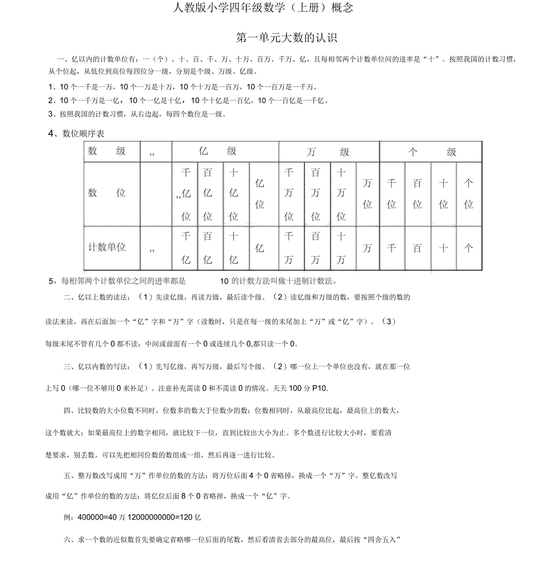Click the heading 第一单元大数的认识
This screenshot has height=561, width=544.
286,38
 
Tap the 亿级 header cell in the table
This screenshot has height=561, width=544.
225,151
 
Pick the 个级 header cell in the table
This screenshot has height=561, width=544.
432,152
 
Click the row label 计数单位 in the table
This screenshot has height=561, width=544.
107,247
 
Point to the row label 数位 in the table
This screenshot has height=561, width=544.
107,193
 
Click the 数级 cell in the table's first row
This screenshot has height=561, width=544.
107,151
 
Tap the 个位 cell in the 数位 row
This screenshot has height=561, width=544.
468,194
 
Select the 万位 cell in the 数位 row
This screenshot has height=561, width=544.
367,194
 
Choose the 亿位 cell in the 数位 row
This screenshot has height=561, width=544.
260,194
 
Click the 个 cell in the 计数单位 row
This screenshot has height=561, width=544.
468,249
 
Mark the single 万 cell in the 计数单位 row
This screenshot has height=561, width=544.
367,249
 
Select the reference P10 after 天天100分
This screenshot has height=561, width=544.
318,388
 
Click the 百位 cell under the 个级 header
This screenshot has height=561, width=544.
417,194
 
